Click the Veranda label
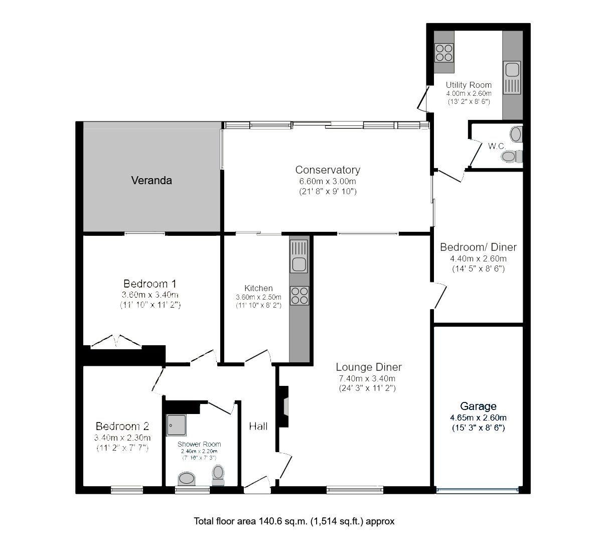(x=152, y=181)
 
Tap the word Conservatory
(x=327, y=170)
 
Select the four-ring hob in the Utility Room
(x=444, y=53)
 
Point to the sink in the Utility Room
(x=512, y=78)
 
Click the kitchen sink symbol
(x=299, y=256)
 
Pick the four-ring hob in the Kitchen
(x=299, y=295)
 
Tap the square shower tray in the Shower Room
(x=176, y=425)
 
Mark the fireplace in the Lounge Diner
(x=284, y=406)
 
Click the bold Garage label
(x=478, y=406)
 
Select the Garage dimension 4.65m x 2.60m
(x=478, y=418)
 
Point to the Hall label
(x=258, y=427)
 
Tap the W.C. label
(x=497, y=146)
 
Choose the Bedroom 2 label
(x=122, y=427)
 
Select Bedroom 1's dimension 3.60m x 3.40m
(x=150, y=295)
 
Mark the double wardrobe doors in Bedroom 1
(x=116, y=341)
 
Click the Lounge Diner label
(x=369, y=367)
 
